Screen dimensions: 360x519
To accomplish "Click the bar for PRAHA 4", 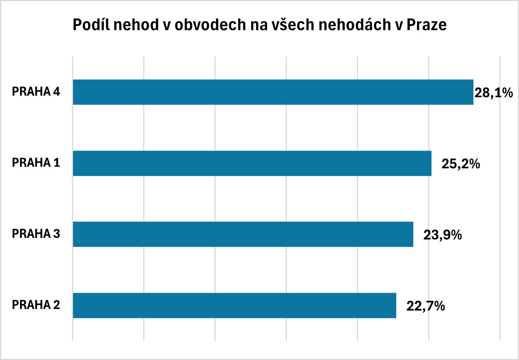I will pyautogui.click(x=273, y=92).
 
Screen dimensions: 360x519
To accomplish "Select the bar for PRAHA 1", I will pyautogui.click(x=252, y=163).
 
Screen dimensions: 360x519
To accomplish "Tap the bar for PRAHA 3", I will pyautogui.click(x=243, y=234).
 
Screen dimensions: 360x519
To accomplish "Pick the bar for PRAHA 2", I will pyautogui.click(x=234, y=305).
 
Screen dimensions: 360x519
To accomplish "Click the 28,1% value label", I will pyautogui.click(x=493, y=92).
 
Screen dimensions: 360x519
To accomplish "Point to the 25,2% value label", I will pyautogui.click(x=460, y=164).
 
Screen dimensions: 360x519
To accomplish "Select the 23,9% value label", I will pyautogui.click(x=443, y=235).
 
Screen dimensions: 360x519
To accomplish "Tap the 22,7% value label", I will pyautogui.click(x=426, y=306).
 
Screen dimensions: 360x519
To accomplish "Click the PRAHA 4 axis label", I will pyautogui.click(x=36, y=92).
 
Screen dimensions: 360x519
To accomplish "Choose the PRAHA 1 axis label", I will pyautogui.click(x=36, y=163).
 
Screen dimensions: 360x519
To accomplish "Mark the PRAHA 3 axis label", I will pyautogui.click(x=36, y=234).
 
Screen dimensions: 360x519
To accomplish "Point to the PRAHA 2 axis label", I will pyautogui.click(x=36, y=305).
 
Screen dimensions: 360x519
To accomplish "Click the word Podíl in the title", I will pyautogui.click(x=91, y=25).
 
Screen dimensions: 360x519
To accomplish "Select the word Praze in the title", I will pyautogui.click(x=427, y=25).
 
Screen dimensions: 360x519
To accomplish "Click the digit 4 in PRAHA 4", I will pyautogui.click(x=56, y=92).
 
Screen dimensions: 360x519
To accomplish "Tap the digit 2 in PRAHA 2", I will pyautogui.click(x=56, y=305).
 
